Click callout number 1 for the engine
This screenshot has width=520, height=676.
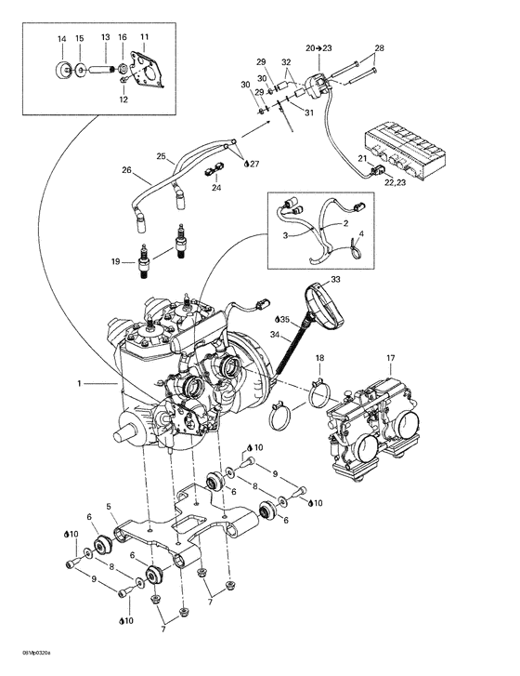[x=79, y=383]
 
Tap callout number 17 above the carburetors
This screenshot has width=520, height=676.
[x=390, y=358]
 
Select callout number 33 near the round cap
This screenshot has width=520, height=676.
[x=335, y=280]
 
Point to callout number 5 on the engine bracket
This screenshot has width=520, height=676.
[x=109, y=506]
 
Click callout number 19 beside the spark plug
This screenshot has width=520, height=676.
[x=115, y=261]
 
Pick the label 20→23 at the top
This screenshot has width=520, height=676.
[x=319, y=47]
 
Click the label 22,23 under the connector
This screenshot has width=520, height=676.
[x=395, y=182]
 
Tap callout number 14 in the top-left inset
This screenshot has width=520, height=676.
[x=62, y=39]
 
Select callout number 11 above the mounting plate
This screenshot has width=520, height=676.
[x=144, y=36]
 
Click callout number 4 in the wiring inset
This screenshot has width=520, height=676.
[x=361, y=234]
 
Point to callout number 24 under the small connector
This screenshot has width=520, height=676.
[x=216, y=188]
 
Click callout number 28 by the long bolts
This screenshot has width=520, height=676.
[x=379, y=47]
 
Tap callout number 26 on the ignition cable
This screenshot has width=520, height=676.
[x=126, y=170]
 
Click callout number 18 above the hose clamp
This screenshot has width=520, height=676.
[x=319, y=358]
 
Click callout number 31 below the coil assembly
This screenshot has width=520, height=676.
[x=309, y=113]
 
